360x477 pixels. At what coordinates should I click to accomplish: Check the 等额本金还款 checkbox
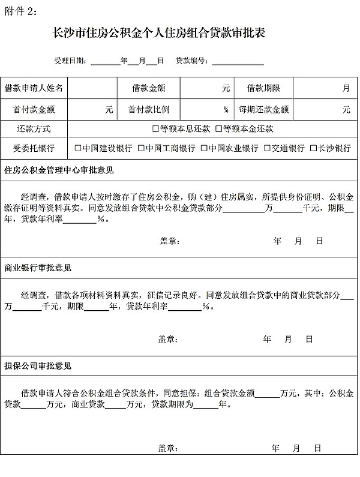click(x=219, y=129)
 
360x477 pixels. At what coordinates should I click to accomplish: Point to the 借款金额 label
click(x=149, y=88)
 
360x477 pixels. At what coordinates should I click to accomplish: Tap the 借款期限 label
click(x=263, y=88)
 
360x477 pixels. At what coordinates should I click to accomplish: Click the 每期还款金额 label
click(x=263, y=110)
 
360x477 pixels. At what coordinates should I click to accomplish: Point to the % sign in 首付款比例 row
click(x=226, y=110)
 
